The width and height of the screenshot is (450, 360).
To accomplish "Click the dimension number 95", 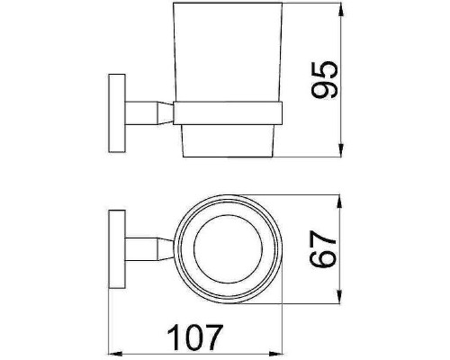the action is click(325, 80).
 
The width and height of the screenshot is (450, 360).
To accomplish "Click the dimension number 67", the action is click(323, 249).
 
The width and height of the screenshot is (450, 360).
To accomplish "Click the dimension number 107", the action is click(195, 337).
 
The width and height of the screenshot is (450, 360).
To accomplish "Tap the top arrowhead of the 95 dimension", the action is click(340, 10).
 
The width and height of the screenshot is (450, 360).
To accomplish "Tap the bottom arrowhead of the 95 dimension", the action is click(340, 150).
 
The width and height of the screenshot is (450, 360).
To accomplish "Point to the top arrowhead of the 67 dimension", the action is click(339, 202).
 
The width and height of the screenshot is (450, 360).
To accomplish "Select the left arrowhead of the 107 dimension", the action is click(115, 354).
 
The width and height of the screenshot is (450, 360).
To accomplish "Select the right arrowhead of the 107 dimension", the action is click(276, 354).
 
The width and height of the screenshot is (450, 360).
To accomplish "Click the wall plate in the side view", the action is click(117, 113).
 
